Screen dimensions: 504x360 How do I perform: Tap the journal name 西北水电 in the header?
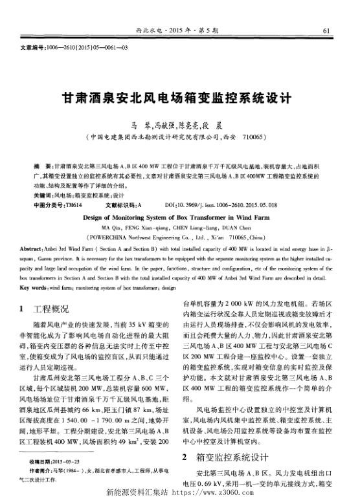pyautogui.click(x=148, y=30)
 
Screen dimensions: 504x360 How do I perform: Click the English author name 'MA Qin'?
pyautogui.click(x=111, y=229)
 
